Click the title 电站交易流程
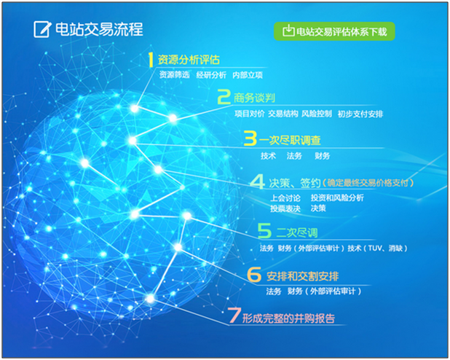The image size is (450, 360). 99,29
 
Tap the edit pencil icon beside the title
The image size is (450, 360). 42,29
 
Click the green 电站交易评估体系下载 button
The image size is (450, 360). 334,31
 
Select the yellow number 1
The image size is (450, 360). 151,60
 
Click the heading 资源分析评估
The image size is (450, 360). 189,60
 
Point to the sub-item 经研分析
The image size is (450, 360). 211,75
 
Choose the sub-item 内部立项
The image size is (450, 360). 248,75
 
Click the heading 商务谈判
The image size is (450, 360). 254,98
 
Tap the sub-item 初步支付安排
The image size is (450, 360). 360,114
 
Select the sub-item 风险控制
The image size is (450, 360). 317,114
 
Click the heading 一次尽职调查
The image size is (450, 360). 290,140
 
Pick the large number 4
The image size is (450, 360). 258,181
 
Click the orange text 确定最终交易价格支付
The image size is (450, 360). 368,183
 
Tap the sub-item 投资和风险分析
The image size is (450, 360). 337,197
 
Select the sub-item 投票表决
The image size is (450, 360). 285,208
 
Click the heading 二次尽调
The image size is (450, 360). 297,232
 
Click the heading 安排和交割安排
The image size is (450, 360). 303,276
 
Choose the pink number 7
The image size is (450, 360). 234,315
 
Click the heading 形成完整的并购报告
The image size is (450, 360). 288,318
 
